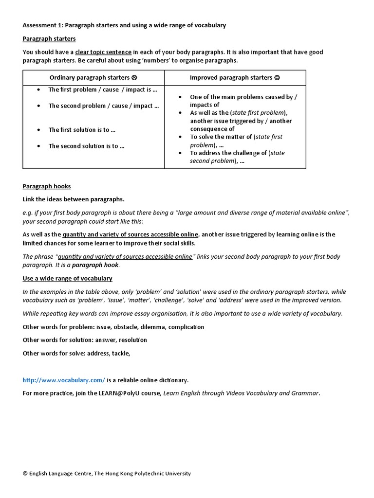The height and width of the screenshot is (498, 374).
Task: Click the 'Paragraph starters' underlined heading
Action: click(x=49, y=38)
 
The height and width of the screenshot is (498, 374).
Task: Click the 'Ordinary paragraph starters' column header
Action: click(x=89, y=77)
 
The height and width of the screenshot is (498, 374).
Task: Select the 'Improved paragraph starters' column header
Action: click(x=231, y=77)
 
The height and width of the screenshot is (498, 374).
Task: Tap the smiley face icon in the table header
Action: click(x=277, y=77)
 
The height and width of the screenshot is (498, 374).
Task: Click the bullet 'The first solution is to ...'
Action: click(x=82, y=130)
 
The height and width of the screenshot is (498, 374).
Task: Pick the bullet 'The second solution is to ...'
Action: click(x=86, y=146)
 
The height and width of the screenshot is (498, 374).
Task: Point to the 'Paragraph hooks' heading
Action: click(x=46, y=186)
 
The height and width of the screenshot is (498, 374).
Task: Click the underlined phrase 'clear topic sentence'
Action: click(x=103, y=52)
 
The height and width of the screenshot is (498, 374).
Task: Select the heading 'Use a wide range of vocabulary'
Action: click(x=67, y=279)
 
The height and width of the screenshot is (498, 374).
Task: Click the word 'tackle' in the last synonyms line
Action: click(x=120, y=354)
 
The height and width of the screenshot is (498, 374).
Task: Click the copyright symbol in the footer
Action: click(x=25, y=474)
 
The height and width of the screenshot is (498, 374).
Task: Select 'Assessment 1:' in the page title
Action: click(x=43, y=25)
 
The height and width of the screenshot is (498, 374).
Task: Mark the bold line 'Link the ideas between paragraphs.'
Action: click(x=74, y=199)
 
